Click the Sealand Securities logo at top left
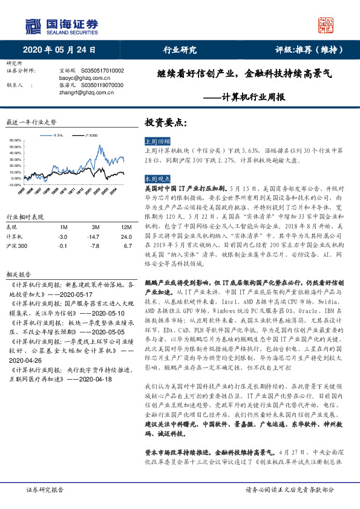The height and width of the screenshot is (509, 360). pos(61,25)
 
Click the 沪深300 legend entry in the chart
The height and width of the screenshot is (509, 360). pos(94,136)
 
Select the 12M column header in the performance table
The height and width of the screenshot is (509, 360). pos(125,226)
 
